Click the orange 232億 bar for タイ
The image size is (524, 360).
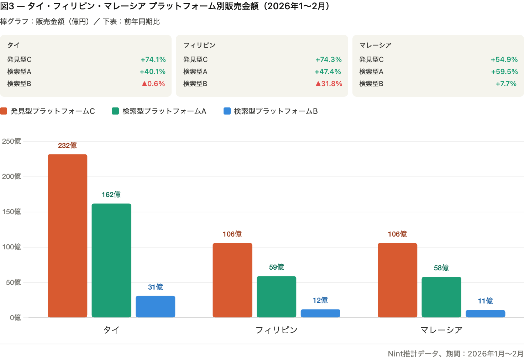68,235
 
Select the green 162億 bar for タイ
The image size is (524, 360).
111,260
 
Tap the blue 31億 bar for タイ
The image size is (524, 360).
156,306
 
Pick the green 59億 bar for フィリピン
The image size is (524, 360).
277,297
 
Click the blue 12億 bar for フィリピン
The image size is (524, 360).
320,313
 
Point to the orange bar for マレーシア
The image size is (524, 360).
397,280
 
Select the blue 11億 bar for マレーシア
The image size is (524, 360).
486,313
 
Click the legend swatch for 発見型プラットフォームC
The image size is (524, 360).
4,111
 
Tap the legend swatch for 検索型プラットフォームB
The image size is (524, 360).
227,111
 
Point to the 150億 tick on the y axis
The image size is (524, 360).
11,212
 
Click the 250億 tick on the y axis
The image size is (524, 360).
11,141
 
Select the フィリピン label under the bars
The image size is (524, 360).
277,330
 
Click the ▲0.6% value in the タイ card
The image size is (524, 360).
153,84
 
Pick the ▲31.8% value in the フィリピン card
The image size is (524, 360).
329,84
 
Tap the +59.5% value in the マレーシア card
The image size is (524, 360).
504,72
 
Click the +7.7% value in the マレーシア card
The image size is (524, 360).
506,84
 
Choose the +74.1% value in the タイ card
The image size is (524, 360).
153,59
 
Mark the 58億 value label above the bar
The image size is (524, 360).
441,268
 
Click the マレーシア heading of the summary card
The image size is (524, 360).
375,45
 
